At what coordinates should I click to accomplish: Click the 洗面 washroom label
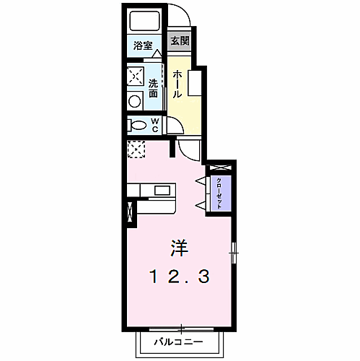click(153, 88)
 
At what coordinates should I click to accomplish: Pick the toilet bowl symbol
click(137, 125)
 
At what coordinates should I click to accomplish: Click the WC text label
click(154, 125)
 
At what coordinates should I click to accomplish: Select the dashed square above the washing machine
click(136, 75)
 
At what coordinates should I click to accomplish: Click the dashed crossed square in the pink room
click(136, 149)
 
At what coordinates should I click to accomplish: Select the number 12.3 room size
click(180, 276)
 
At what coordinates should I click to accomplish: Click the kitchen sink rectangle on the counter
click(163, 191)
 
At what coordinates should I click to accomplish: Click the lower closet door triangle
click(201, 206)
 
